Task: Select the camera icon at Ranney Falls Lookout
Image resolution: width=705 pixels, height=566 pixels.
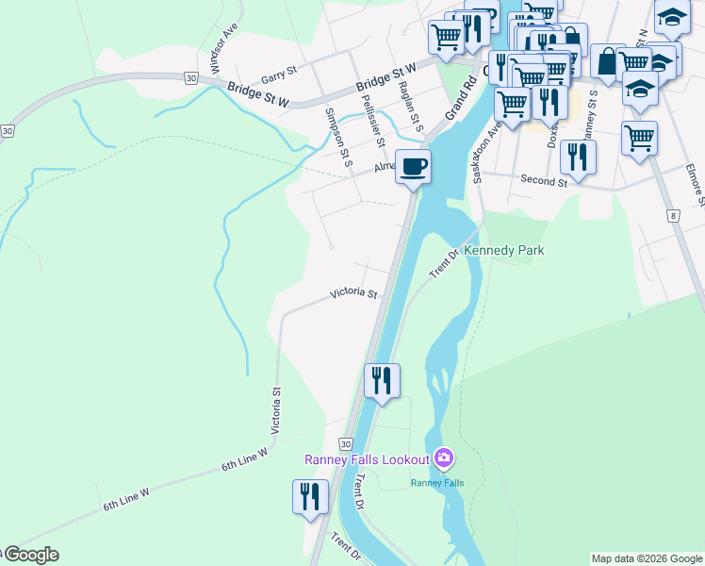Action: tap(444, 459)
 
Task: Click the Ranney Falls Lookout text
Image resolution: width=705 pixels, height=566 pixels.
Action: tap(367, 459)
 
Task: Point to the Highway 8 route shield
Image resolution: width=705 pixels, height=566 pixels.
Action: tap(673, 216)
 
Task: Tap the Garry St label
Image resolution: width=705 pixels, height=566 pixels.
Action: tap(279, 71)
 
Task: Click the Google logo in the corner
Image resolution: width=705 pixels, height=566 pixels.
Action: tap(30, 555)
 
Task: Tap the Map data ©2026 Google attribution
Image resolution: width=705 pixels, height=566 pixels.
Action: tap(647, 558)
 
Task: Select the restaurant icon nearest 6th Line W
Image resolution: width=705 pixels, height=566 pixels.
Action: tap(310, 496)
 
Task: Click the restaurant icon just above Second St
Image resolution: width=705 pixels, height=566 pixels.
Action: tap(578, 157)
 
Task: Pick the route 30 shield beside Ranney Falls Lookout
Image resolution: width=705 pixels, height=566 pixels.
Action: tap(346, 443)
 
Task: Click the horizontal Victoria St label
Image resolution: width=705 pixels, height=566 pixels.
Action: tap(353, 294)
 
